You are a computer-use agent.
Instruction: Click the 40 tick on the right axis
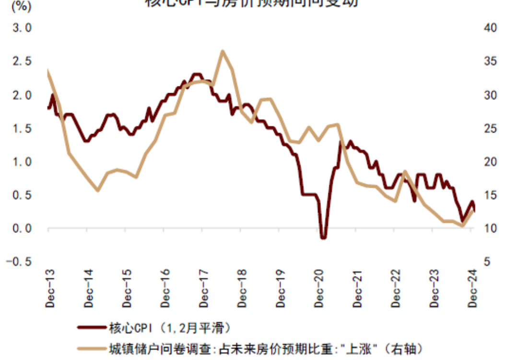(489, 28)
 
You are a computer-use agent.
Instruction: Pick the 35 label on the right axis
(489, 62)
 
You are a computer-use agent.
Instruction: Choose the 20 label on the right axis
(489, 162)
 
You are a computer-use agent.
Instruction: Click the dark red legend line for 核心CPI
(91, 328)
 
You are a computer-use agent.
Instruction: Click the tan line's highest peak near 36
(223, 51)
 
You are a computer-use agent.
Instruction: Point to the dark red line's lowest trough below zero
(323, 237)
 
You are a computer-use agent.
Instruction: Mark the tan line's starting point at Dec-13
(48, 72)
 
